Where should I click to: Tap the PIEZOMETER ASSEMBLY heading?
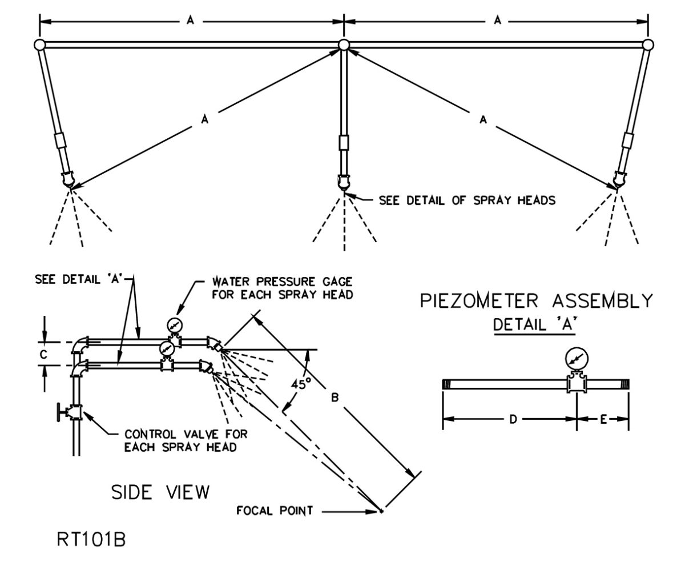coord(536,300)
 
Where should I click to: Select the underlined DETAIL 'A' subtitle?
coord(534,325)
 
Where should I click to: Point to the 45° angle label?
coord(298,384)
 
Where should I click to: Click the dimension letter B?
coord(335,398)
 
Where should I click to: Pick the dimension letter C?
coord(44,354)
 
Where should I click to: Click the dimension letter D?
coord(513,419)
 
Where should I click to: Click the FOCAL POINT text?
coord(275,510)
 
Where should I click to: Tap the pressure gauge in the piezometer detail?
coord(575,359)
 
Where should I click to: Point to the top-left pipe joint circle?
coord(39,45)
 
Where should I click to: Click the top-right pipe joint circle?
coord(647,45)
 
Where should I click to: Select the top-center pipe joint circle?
coord(344,45)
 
